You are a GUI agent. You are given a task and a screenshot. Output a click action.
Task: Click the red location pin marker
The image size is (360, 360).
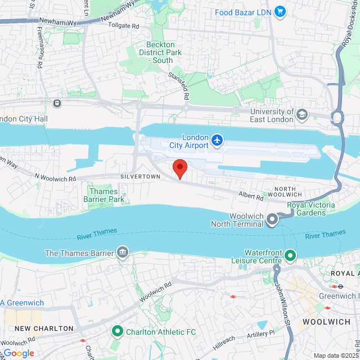coord(179,168)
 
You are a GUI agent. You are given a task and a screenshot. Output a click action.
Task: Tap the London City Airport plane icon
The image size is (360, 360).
coord(217,139)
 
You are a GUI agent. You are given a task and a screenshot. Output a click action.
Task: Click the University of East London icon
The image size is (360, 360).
coord(303,114)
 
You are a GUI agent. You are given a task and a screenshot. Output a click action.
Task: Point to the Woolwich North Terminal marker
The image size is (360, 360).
coord(272,219)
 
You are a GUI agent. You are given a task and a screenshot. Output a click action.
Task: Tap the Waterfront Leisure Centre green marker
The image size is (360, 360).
coord(290,256)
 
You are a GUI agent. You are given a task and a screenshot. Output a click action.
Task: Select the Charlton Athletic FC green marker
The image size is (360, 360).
coord(118,331)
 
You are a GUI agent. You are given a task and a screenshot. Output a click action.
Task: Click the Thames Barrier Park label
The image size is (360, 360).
coord(104,195)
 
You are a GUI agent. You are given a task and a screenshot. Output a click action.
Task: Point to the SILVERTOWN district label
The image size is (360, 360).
coord(140,176)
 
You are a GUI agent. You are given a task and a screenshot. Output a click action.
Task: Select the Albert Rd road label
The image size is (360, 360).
coord(251,197)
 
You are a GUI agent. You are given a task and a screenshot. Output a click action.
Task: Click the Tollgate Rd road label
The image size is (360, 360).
coord(123,26)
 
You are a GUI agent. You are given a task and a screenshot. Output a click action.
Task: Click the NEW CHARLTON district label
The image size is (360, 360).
coord(44,328)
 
